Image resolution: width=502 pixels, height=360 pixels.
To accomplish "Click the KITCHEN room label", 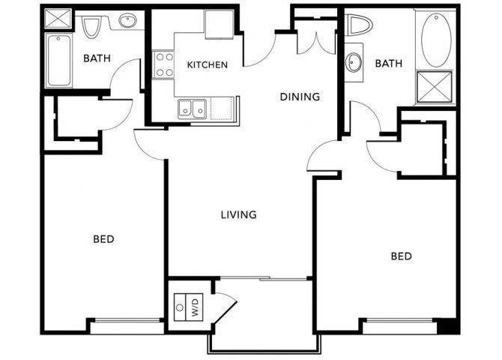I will click(x=207, y=65).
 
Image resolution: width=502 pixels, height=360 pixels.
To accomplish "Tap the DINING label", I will click(x=300, y=97).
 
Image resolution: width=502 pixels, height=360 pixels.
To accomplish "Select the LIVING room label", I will click(x=238, y=214).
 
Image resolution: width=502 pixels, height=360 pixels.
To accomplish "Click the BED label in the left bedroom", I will click(x=103, y=239).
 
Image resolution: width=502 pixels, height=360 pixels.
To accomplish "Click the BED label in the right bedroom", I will click(x=401, y=256).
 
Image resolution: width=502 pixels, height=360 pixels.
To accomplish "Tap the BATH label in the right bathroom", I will click(x=388, y=64).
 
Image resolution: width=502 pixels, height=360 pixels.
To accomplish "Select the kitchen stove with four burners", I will click(x=162, y=64).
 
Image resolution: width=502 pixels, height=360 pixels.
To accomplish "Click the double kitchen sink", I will click(x=193, y=109).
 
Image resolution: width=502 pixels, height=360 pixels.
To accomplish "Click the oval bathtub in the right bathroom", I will click(x=437, y=39).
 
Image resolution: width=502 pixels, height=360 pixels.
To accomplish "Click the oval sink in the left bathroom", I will click(x=128, y=22).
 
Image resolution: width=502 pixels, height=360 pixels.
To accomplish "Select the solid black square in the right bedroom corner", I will click(x=447, y=325).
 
